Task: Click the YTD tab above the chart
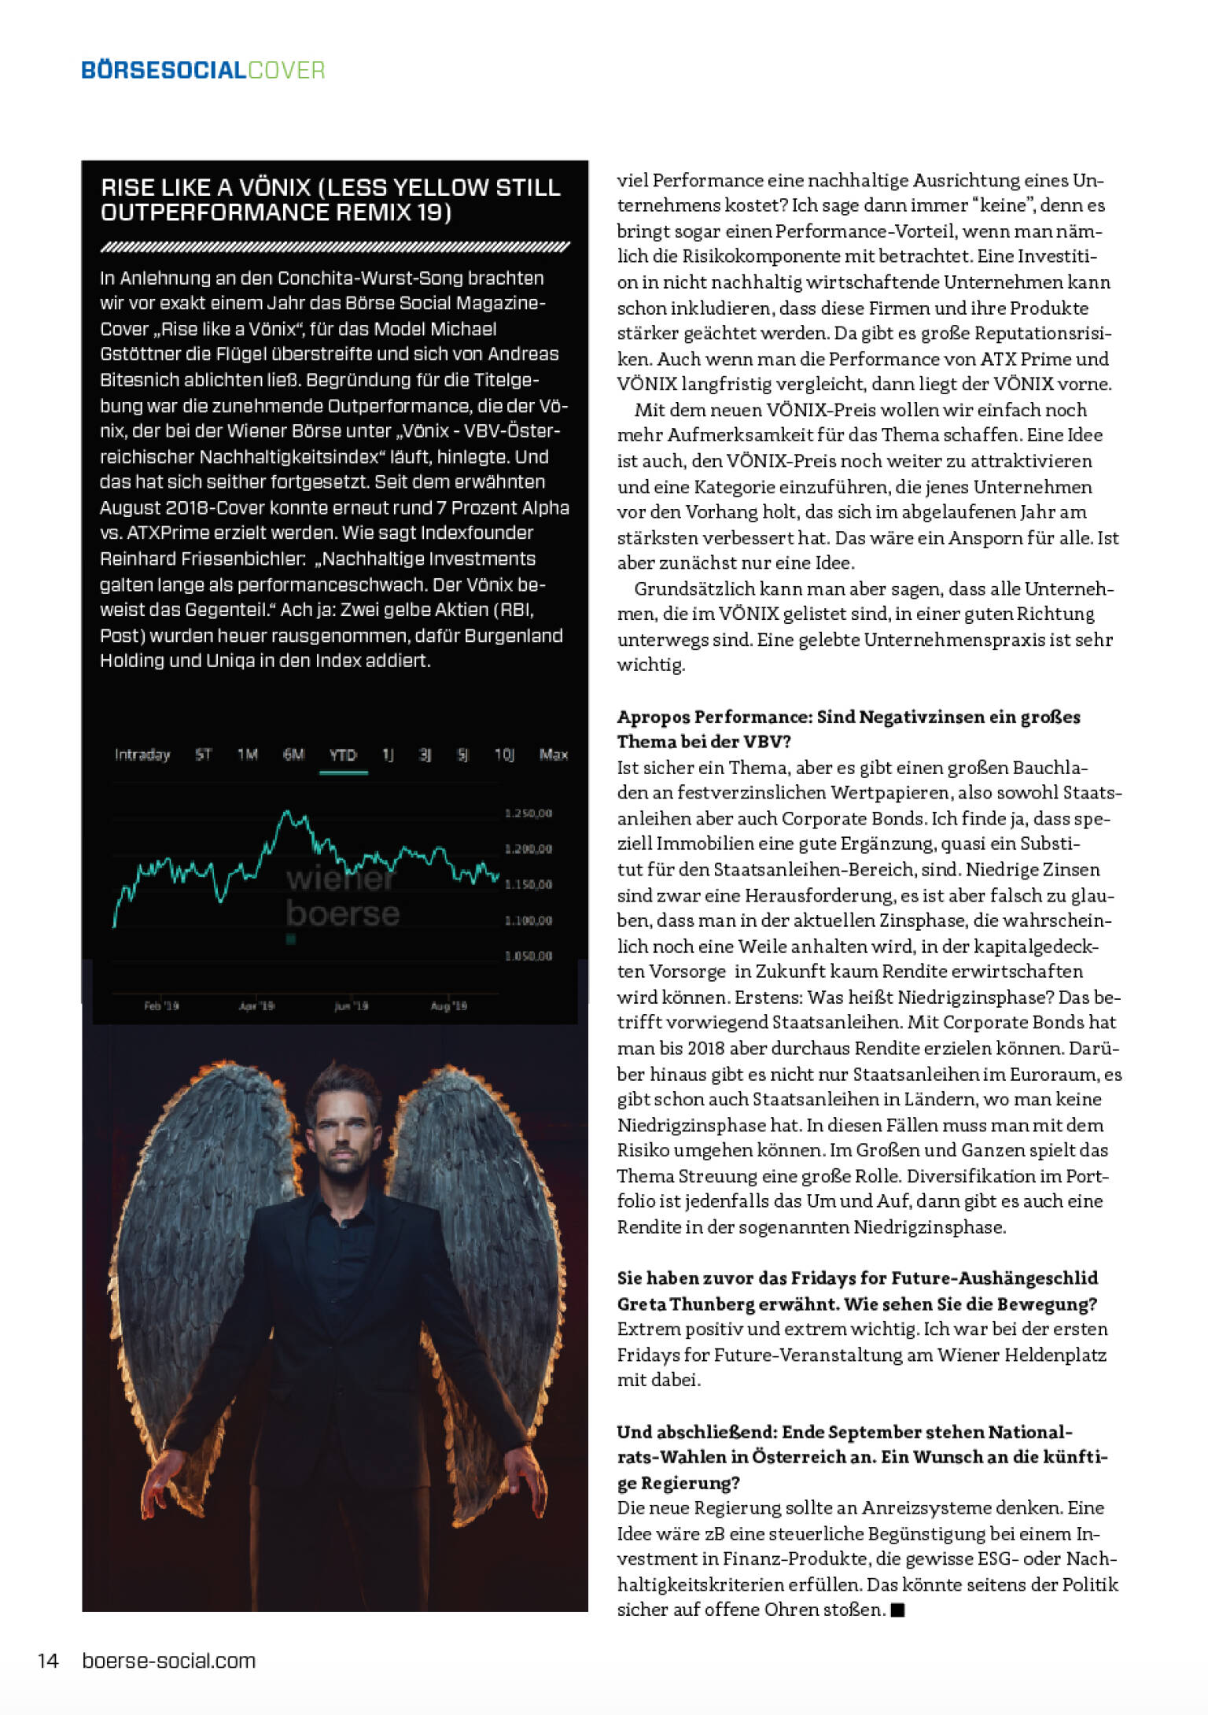click(343, 755)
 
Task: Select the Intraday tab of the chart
click(142, 755)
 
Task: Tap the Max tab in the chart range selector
click(554, 755)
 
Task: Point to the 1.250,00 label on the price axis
click(528, 813)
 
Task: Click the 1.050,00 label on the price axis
click(528, 956)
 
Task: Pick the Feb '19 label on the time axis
click(161, 1005)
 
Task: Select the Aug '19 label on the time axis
click(449, 1005)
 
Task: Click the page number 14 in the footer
click(48, 1661)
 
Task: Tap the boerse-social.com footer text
click(169, 1661)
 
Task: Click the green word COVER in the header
click(286, 71)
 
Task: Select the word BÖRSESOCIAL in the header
click(164, 71)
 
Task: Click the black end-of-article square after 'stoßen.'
click(898, 1610)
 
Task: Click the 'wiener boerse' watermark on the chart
click(342, 897)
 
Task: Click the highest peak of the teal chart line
click(287, 811)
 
